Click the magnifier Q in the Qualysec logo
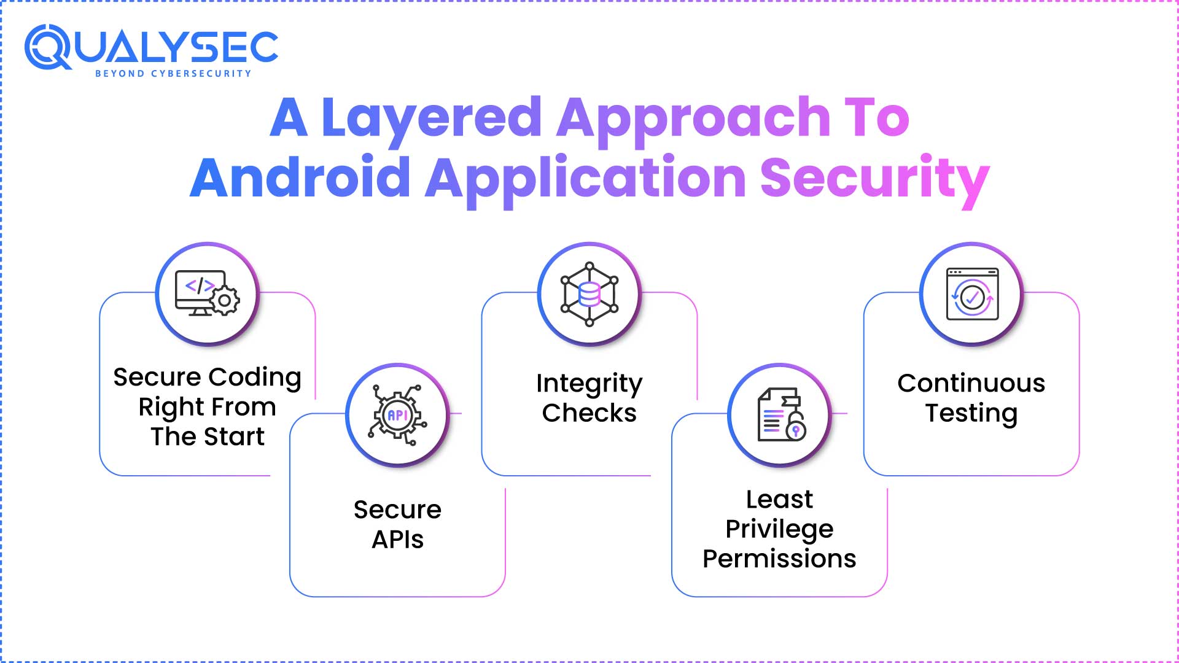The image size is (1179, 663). click(x=48, y=47)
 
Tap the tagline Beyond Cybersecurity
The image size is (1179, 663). click(x=173, y=74)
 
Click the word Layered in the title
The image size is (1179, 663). click(x=431, y=118)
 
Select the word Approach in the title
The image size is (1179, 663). click(x=693, y=118)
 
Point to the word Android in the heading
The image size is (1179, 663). click(x=300, y=178)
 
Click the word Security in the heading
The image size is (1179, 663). click(x=874, y=178)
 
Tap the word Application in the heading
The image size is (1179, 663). click(x=585, y=178)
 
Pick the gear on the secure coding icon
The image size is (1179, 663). click(x=225, y=301)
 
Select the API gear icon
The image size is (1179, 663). click(x=397, y=415)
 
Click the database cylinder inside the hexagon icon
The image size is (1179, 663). click(x=589, y=294)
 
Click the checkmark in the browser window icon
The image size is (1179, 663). click(x=972, y=298)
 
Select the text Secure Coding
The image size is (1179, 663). click(x=207, y=377)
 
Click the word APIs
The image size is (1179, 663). click(x=397, y=540)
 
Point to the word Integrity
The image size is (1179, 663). click(x=589, y=384)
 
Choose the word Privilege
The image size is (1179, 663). click(x=779, y=529)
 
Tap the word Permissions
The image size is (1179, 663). click(x=779, y=559)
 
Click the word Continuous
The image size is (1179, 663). click(x=971, y=383)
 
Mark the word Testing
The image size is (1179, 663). click(x=971, y=413)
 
